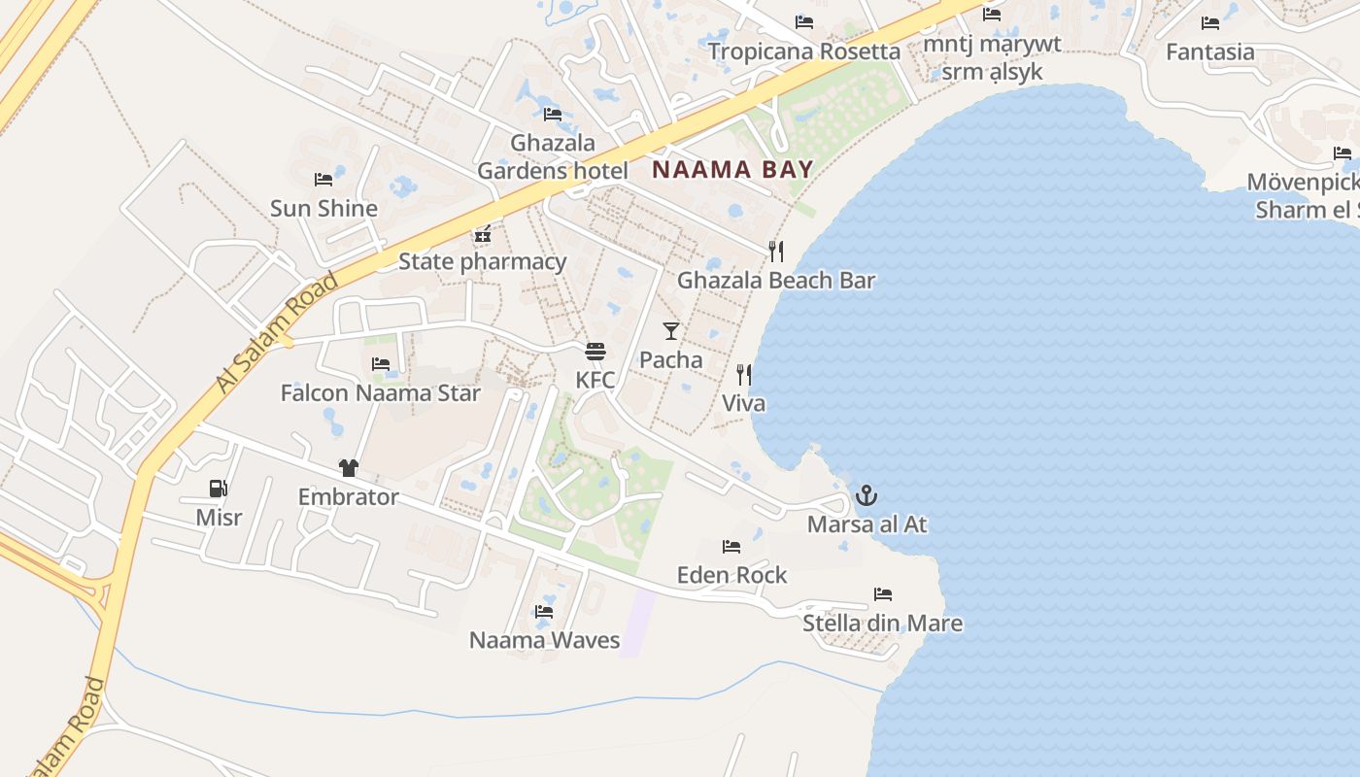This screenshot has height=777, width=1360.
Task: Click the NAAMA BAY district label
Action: [731, 170]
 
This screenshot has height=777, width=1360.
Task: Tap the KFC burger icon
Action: [595, 351]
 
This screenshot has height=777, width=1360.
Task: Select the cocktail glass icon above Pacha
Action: [671, 330]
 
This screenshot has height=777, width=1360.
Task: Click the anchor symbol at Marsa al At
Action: [866, 496]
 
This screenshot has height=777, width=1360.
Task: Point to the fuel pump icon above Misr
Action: [219, 489]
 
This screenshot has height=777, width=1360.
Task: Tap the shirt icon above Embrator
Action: [348, 468]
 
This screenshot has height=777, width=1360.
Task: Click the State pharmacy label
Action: [482, 261]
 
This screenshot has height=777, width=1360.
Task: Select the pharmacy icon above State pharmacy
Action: [483, 233]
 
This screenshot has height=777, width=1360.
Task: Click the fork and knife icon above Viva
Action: [744, 374]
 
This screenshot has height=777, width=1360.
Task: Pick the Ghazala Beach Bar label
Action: [776, 281]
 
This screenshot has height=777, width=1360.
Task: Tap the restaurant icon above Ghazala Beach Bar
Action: [776, 252]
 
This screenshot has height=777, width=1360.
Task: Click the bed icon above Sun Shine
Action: [323, 180]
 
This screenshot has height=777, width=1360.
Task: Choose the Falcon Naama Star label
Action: [380, 393]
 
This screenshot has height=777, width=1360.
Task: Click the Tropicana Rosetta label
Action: [803, 51]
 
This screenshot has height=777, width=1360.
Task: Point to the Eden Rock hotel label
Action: [731, 575]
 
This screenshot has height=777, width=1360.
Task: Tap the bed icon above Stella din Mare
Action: [882, 593]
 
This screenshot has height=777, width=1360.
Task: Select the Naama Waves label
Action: [544, 640]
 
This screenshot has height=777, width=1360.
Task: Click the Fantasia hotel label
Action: [1209, 52]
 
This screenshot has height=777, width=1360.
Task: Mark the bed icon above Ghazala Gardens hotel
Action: [553, 114]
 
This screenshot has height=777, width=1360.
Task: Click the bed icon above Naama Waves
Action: [544, 612]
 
